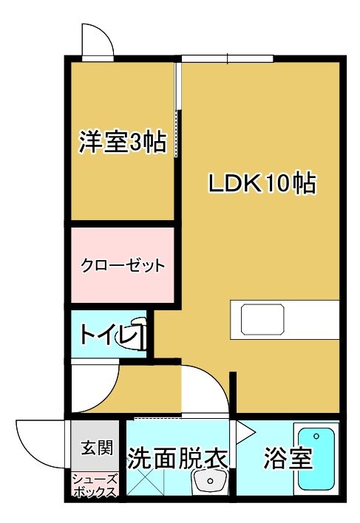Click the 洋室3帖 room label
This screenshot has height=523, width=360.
click(x=122, y=141)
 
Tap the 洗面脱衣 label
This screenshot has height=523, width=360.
click(x=177, y=459)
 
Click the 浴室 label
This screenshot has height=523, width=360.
click(x=288, y=459)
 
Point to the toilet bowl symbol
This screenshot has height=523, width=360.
click(x=137, y=336)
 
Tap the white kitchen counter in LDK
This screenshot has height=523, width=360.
click(x=284, y=319)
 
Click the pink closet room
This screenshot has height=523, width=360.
click(x=122, y=264)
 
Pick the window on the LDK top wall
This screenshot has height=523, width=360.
click(x=227, y=58)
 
